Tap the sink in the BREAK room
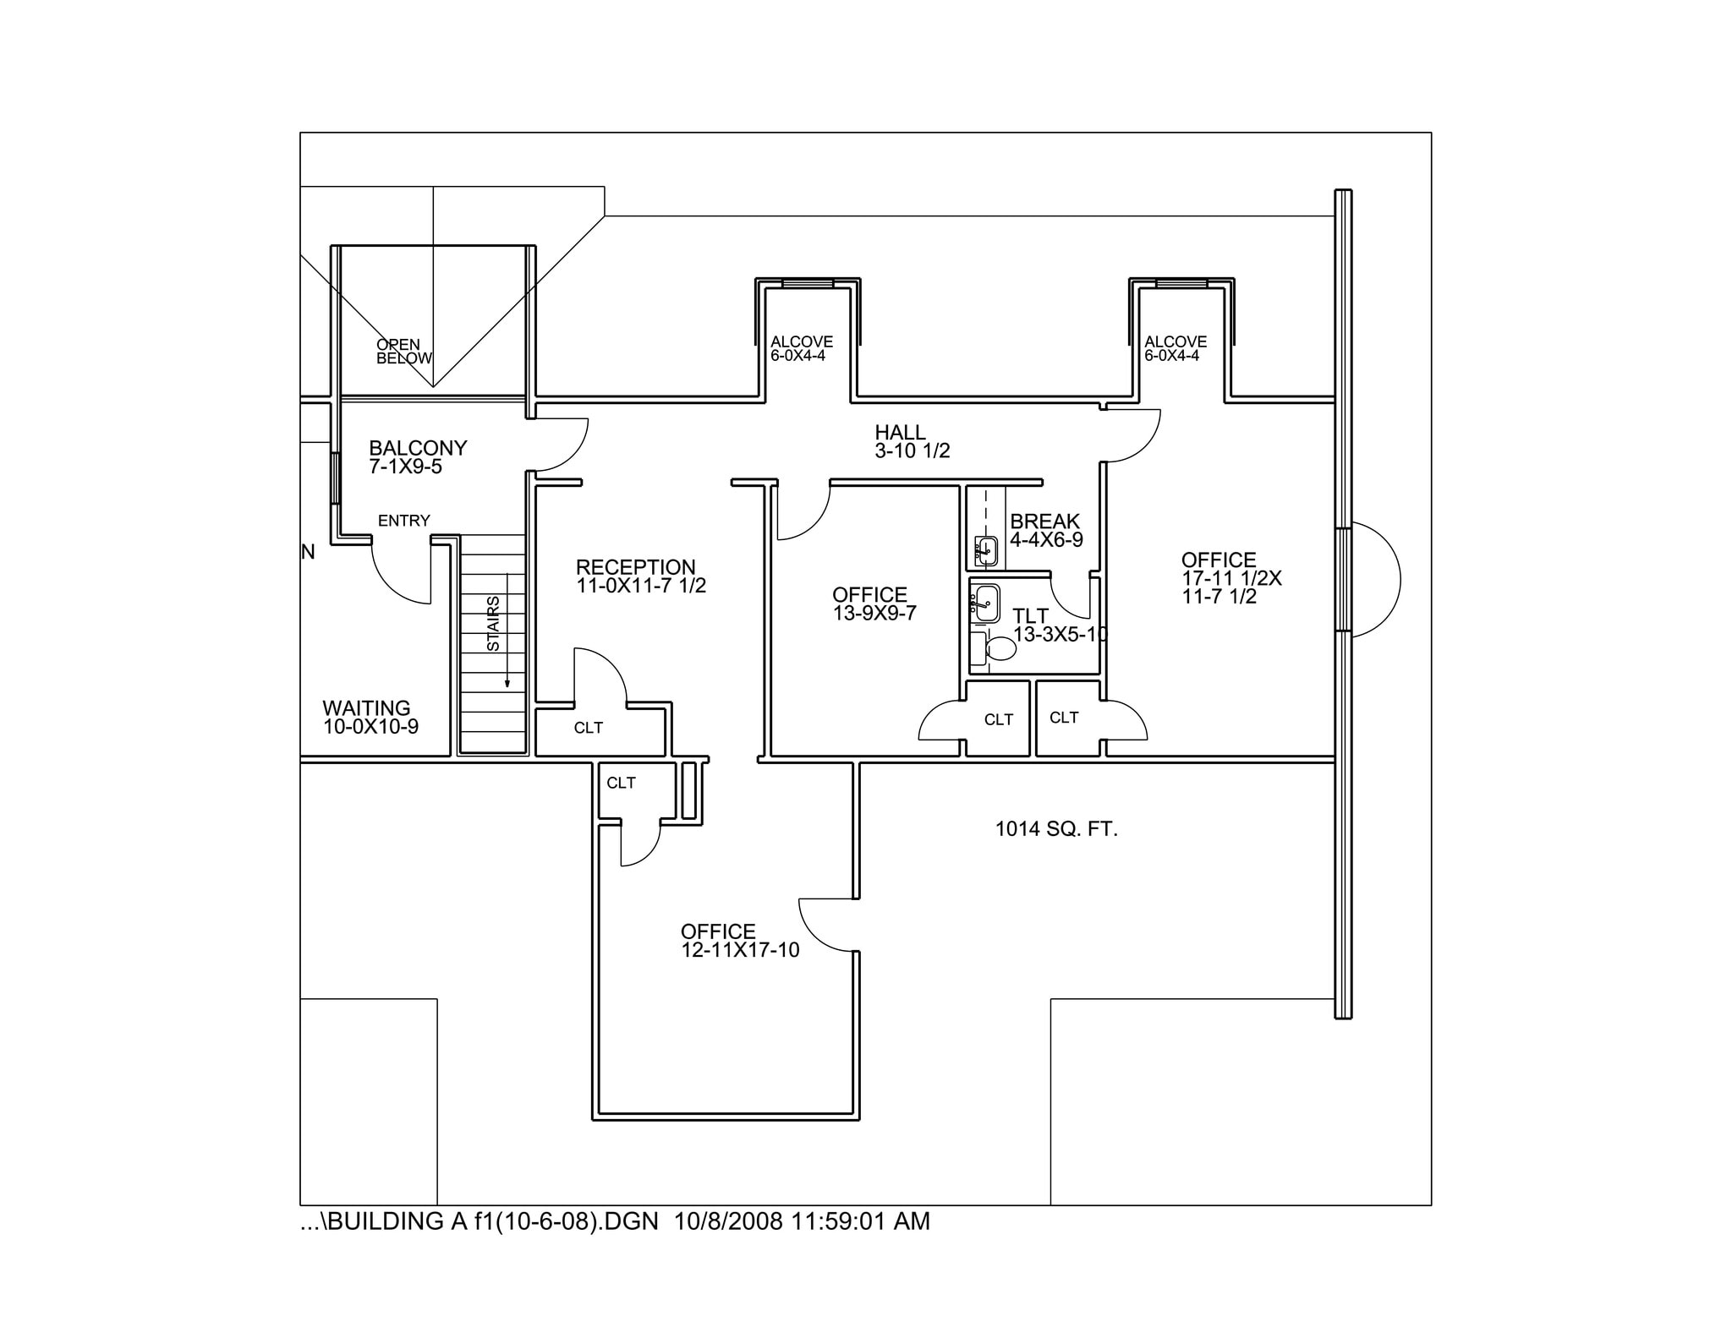coord(986,551)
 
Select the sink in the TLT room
coord(984,603)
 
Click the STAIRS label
coord(493,624)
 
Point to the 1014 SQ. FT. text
coord(1056,829)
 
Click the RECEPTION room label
coord(635,567)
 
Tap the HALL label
coord(900,433)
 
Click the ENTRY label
coord(403,521)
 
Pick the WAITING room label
coord(366,707)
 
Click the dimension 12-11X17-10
coord(740,950)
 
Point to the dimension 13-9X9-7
coord(874,614)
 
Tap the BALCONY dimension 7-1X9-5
coord(405,467)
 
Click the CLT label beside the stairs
coord(588,728)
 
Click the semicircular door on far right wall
coord(1375,580)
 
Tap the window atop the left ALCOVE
coord(807,283)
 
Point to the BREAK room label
coord(1044,522)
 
